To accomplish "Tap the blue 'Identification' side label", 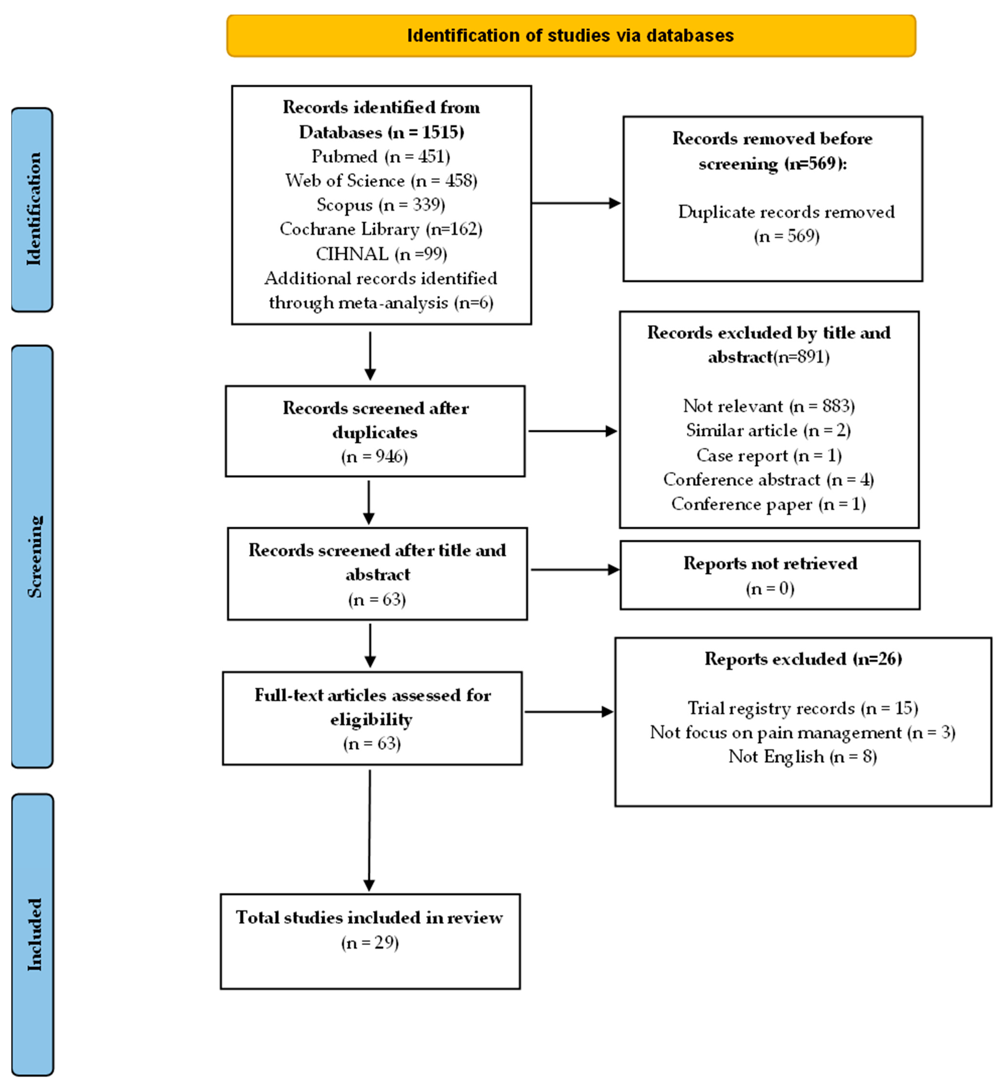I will click(33, 210).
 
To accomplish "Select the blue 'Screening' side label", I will click(33, 556).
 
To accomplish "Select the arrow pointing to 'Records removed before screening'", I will click(576, 204).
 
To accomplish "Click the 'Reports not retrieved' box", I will click(770, 575).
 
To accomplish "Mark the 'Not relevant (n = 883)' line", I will click(769, 406).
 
